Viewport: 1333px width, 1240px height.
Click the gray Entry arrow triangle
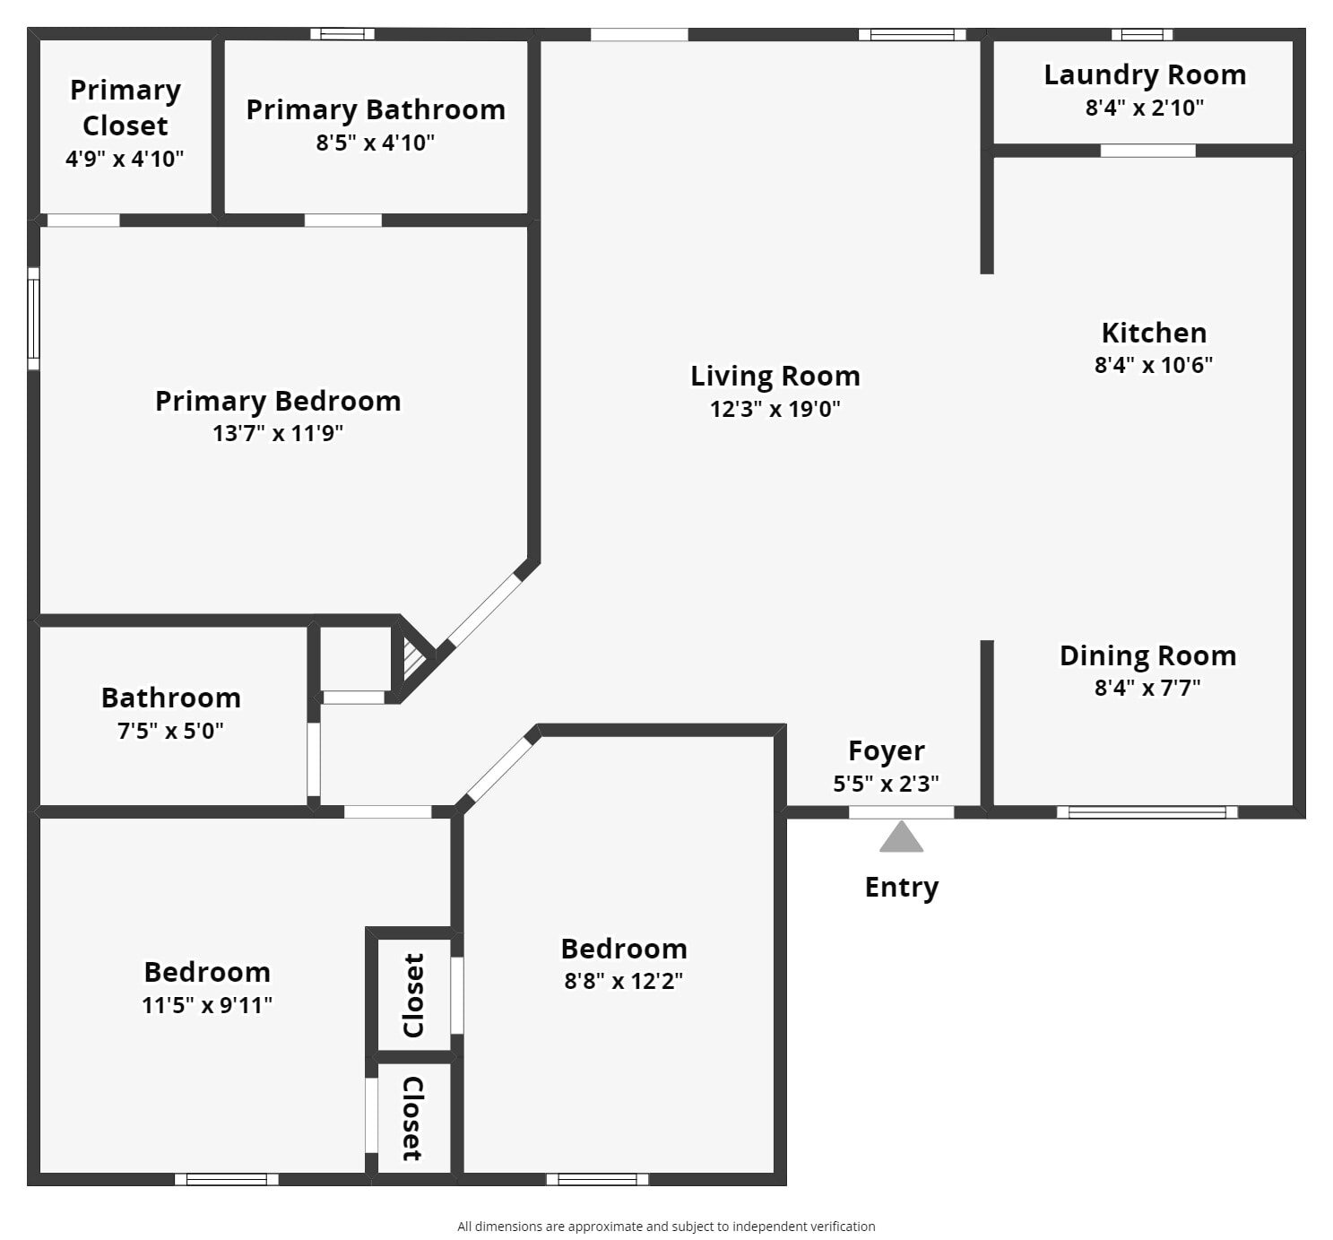point(901,837)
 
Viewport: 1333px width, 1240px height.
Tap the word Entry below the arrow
point(902,888)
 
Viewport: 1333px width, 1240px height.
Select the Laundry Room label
point(1145,75)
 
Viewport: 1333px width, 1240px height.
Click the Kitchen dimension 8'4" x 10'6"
point(1153,365)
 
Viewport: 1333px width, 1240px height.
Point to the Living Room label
point(775,377)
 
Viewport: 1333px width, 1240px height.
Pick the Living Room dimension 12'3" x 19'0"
point(775,409)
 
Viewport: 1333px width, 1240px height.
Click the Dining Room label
point(1147,656)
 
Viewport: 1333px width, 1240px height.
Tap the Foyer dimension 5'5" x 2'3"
point(886,784)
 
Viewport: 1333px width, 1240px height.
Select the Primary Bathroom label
point(376,110)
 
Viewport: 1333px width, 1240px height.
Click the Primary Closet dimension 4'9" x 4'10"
point(125,159)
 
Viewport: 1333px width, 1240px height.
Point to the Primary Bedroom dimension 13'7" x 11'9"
point(278,434)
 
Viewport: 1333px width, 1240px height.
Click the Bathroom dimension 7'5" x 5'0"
point(170,731)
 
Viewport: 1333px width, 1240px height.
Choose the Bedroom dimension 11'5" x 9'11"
point(207,1005)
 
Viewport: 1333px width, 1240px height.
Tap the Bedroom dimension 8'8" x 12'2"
point(624,982)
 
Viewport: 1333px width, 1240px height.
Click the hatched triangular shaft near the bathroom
point(412,658)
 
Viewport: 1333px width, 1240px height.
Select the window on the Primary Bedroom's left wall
point(33,319)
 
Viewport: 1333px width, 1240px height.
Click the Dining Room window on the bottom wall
point(1147,812)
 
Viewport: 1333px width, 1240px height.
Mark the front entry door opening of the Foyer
point(901,812)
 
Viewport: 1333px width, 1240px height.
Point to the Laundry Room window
point(1142,34)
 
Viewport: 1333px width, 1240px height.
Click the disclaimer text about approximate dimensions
point(667,1227)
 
